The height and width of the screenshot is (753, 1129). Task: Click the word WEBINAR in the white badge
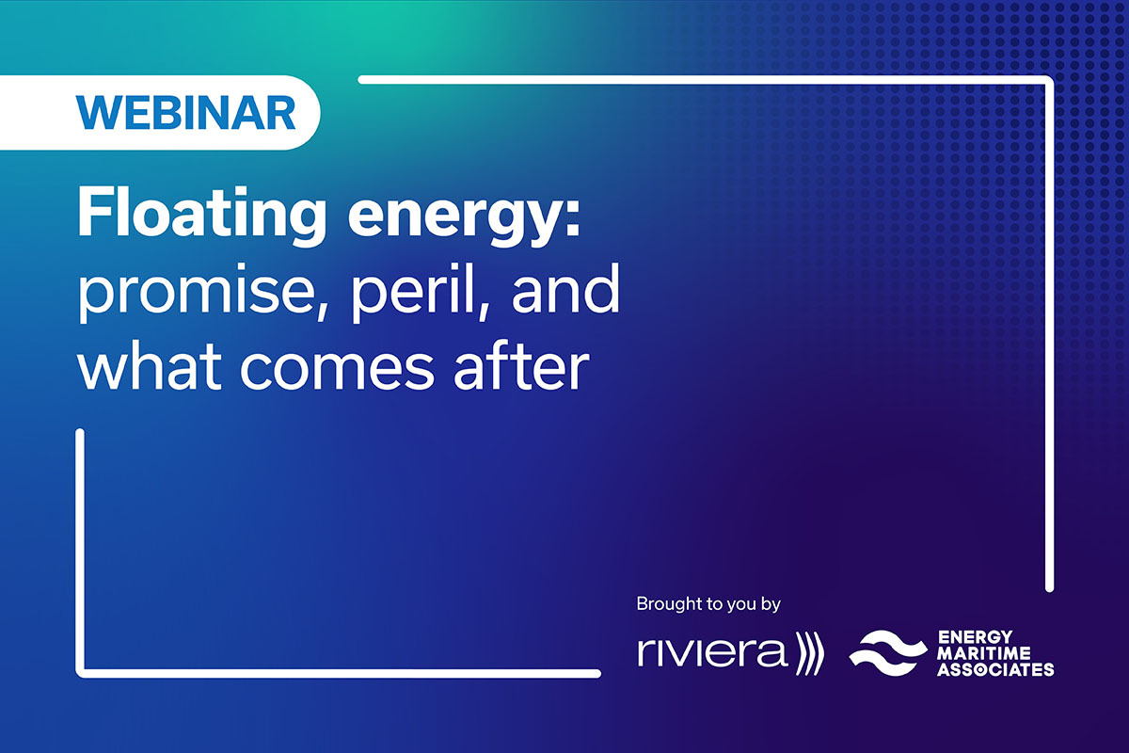click(x=185, y=112)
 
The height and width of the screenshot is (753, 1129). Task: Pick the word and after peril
click(x=565, y=286)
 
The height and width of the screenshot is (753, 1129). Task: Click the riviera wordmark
click(x=712, y=652)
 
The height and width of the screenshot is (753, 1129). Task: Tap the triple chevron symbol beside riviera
click(x=809, y=652)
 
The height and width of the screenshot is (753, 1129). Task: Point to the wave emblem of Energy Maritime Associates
click(x=888, y=652)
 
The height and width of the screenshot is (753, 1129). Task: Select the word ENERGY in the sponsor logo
click(x=975, y=637)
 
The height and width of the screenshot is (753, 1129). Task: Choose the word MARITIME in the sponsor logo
click(x=984, y=653)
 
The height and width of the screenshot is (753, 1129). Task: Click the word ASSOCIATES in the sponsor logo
click(x=995, y=669)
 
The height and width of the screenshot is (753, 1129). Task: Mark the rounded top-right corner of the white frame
click(x=1047, y=81)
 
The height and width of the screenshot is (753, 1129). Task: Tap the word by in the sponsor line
click(x=771, y=604)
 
